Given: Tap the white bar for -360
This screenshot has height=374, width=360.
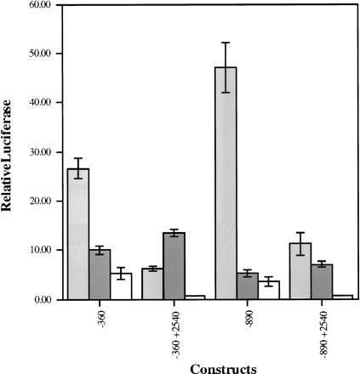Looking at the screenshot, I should pos(121,286).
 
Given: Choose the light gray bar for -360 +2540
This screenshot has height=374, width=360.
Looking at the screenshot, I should pos(152,284).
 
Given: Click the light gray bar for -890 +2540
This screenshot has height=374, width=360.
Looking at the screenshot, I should pos(300,271).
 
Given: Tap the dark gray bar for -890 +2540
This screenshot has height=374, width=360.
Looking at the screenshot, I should pos(322,281).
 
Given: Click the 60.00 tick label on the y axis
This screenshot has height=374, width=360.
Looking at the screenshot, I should pos(41,5).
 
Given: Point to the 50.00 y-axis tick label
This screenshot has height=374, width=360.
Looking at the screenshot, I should pos(41,54).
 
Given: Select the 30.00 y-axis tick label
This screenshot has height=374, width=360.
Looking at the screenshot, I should pos(41,152).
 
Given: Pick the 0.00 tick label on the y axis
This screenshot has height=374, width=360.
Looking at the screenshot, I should pos(43,300).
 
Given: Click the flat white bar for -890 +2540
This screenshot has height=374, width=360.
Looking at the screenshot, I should pos(343,297).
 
